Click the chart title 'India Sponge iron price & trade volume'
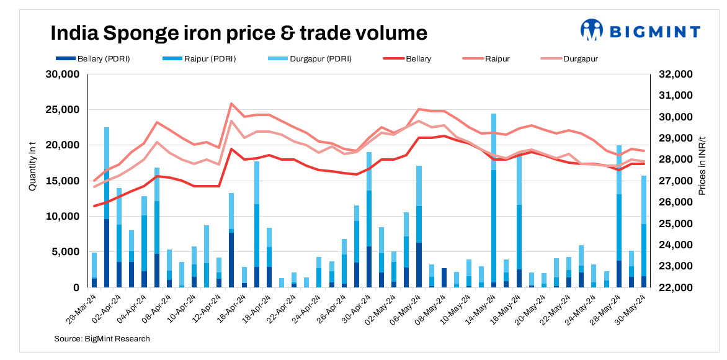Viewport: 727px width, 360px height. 238,32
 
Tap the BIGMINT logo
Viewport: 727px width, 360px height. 640,30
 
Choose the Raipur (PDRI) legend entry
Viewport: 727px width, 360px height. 200,59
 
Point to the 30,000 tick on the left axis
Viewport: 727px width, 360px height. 64,74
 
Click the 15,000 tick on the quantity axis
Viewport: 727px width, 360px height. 64,181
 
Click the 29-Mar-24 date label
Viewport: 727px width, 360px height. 82,308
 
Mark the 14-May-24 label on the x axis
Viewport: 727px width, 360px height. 481,308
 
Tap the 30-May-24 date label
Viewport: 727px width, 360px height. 635,308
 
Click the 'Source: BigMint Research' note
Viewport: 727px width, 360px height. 102,339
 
